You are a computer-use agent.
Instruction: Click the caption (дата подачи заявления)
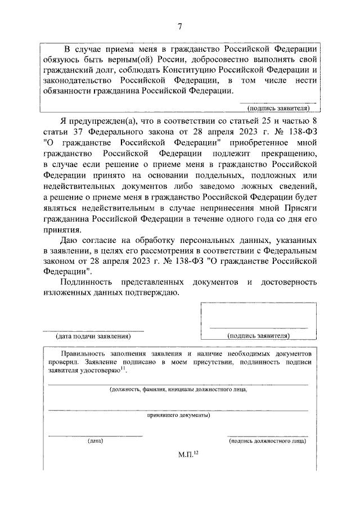point(93,336)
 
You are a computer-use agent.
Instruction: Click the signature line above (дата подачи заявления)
point(93,330)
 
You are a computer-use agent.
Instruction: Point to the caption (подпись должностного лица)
point(268,442)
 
